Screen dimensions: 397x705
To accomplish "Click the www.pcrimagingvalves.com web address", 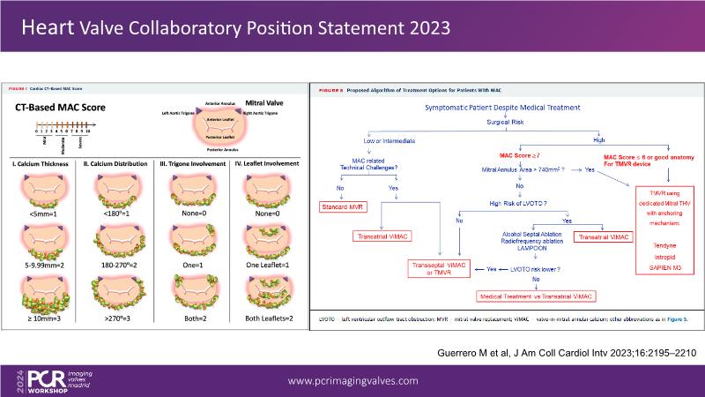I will [353, 380].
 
